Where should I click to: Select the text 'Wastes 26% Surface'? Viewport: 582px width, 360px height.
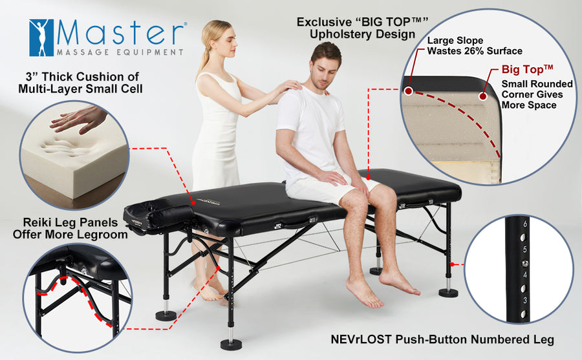pos(475,51)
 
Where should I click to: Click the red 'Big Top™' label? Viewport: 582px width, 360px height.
pos(528,70)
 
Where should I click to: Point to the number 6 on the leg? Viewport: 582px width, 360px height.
pos(525,223)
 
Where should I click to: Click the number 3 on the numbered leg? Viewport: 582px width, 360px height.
pos(525,301)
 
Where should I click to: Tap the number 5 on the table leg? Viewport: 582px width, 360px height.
pos(525,249)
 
